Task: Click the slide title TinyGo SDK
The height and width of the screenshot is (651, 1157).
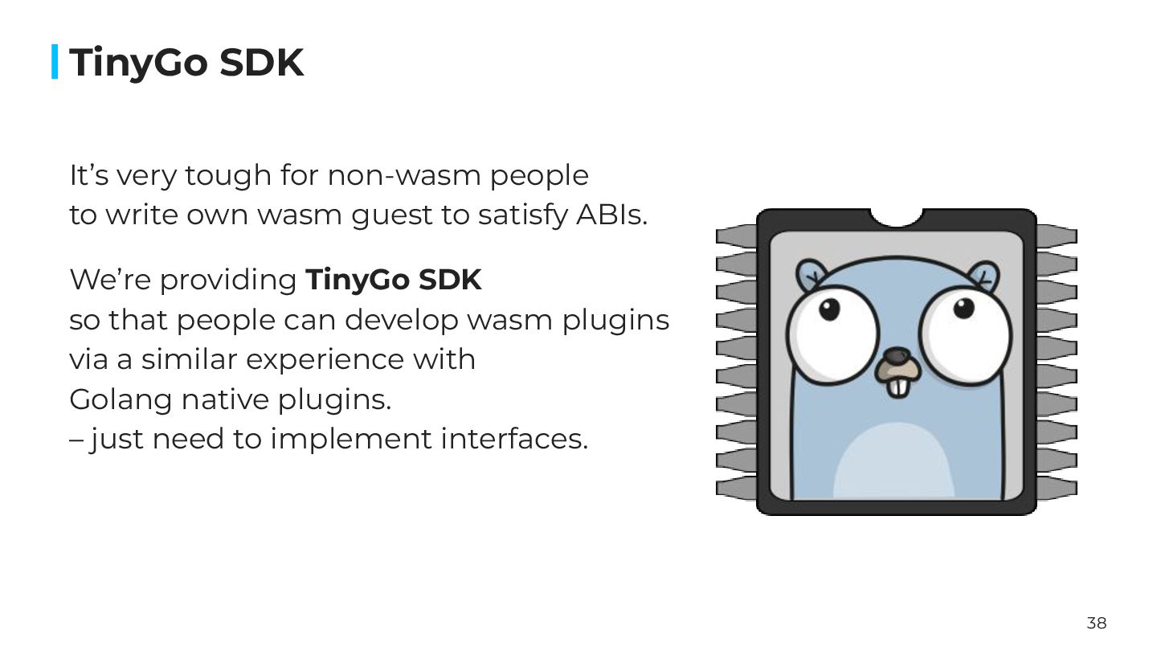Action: point(186,63)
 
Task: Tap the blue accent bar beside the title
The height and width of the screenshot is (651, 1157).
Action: point(55,62)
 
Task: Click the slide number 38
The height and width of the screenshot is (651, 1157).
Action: point(1096,623)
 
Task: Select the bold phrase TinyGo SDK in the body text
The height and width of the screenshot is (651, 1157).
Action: point(394,280)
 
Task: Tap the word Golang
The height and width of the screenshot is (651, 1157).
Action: point(120,399)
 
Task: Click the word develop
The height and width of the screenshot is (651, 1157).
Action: point(402,320)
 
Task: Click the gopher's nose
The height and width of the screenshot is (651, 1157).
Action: point(896,356)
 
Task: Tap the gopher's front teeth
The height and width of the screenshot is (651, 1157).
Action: point(897,386)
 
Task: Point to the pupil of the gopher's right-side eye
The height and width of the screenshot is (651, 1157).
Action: point(963,308)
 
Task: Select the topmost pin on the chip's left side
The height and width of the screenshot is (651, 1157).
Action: point(736,236)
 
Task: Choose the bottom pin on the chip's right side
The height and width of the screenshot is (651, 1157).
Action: point(1057,487)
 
